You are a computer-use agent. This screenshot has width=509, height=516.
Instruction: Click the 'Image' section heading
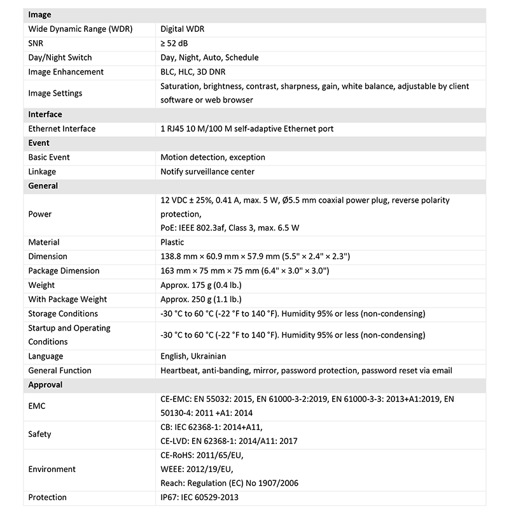pos(39,15)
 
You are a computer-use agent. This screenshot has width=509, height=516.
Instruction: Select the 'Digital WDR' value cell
pos(182,29)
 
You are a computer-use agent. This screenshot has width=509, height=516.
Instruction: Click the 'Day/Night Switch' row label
pos(60,57)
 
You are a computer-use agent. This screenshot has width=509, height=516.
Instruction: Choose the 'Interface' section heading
pos(45,115)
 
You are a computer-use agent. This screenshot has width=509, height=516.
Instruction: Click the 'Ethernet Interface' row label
pos(62,129)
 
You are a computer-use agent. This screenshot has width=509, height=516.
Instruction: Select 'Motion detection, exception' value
pos(213,157)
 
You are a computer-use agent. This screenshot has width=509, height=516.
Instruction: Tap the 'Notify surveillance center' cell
pos(207,171)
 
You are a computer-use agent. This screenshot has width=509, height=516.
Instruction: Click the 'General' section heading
pos(43,186)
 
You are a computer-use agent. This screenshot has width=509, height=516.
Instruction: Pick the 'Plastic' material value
pos(172,242)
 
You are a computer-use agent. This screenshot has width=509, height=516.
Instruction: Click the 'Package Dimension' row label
pos(64,271)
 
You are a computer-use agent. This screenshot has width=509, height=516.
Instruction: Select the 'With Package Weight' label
pos(67,299)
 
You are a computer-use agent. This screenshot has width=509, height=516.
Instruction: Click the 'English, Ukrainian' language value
pos(193,357)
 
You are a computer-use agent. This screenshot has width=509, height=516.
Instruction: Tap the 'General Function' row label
pos(60,371)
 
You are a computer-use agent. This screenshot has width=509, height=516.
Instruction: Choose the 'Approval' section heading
pos(45,385)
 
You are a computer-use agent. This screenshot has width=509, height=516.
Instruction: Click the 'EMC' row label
pos(37,406)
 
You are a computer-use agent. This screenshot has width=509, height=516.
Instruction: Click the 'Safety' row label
pos(39,434)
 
